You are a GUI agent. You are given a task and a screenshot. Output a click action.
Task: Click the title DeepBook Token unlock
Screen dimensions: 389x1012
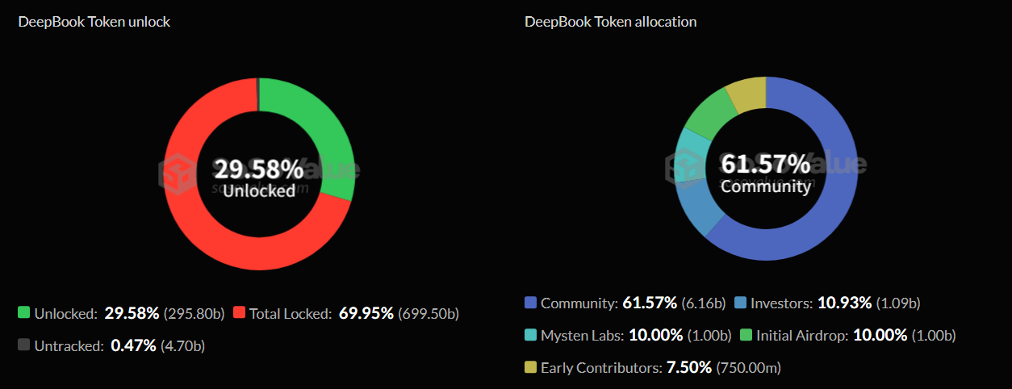94,22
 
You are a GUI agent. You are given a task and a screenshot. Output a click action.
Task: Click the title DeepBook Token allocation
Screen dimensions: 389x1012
610,22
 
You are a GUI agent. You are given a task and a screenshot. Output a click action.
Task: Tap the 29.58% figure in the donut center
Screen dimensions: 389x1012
258,169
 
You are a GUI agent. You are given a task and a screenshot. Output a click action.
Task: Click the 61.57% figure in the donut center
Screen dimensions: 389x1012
765,165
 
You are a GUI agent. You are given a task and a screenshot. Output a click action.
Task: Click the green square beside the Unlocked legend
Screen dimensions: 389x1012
24,312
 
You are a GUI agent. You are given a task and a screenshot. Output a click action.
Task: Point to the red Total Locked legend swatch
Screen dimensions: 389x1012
240,312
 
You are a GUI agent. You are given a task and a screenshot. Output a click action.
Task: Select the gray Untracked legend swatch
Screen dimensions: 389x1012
24,345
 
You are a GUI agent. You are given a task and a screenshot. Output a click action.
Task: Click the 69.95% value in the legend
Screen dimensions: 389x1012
365,313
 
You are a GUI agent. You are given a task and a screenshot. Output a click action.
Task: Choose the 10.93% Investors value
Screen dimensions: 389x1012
844,303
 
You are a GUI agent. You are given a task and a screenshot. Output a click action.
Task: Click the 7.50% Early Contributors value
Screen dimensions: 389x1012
688,368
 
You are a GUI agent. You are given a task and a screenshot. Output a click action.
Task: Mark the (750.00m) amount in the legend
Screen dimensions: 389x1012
749,368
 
